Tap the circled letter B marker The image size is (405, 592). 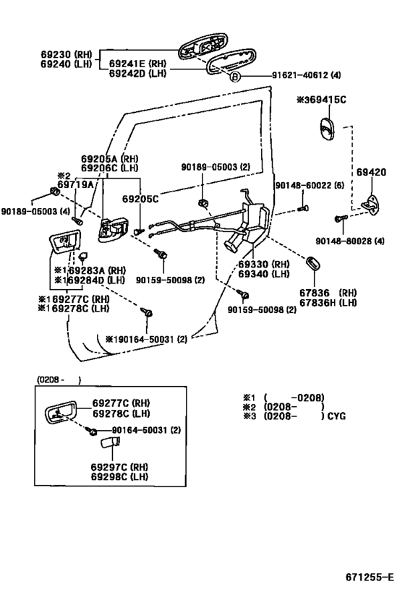(235, 76)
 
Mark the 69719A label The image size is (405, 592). (75, 185)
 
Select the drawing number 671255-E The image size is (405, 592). (369, 577)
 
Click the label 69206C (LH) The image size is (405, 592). (109, 168)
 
